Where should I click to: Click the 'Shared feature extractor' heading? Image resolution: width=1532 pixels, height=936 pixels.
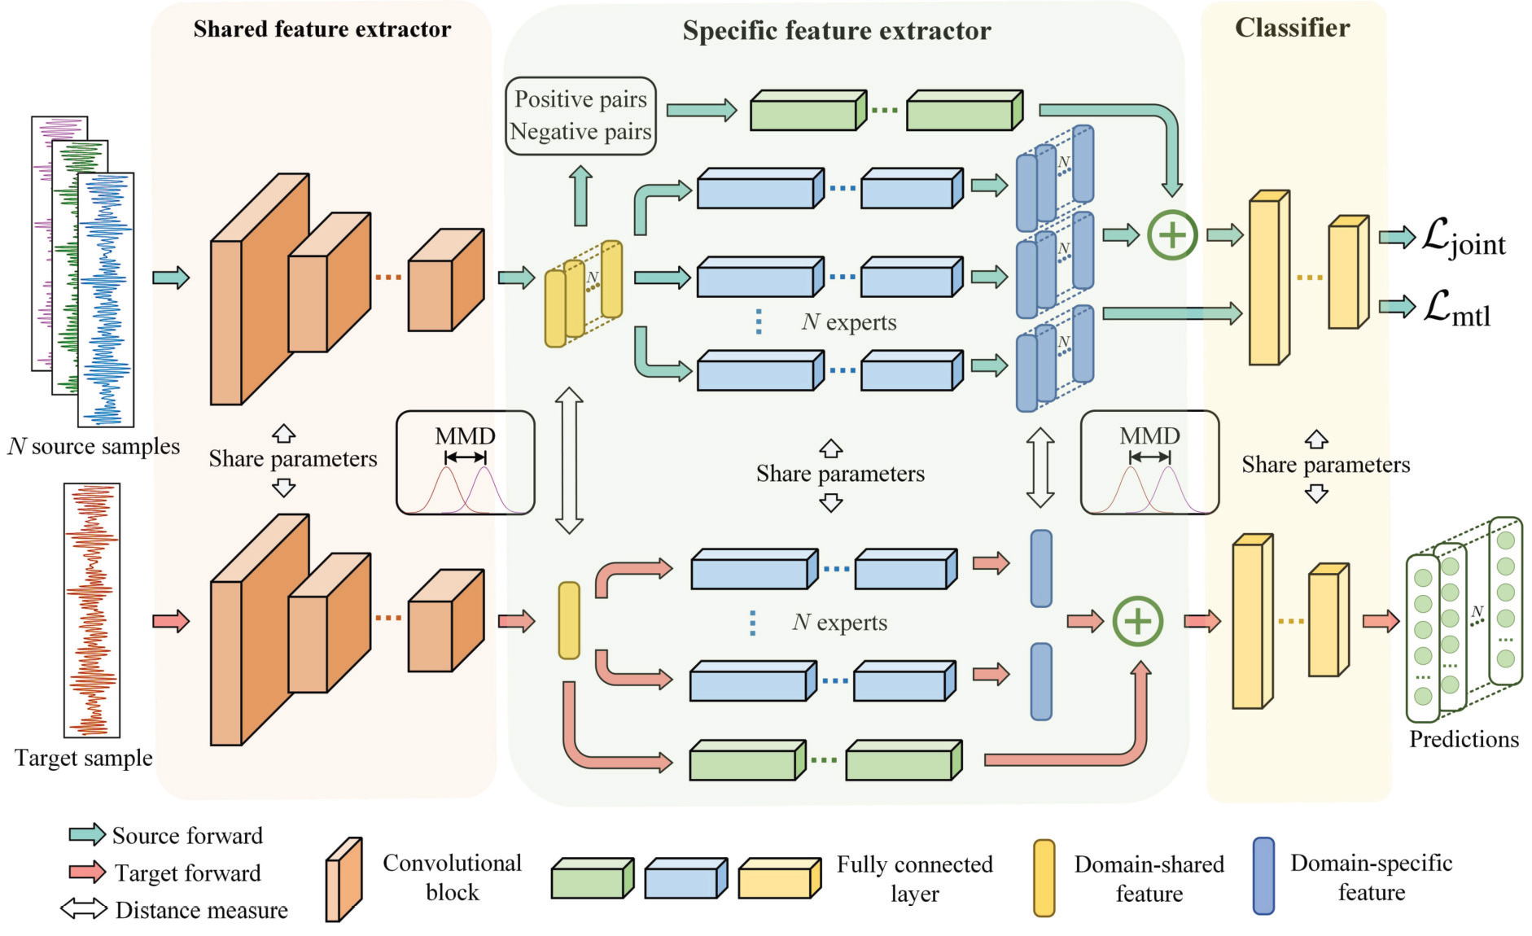point(322,29)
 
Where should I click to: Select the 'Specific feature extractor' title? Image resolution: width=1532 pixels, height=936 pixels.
point(837,31)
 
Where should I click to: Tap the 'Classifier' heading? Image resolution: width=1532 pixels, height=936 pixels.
point(1292,28)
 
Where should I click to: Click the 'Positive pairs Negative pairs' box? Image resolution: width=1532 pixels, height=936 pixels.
point(580,116)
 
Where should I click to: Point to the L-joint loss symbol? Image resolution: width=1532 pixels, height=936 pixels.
point(1464,238)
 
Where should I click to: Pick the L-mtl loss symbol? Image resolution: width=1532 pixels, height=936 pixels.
point(1457,309)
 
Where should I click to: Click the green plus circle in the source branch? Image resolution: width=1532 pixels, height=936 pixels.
point(1171,235)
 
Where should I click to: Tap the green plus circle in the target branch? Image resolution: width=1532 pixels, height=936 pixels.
point(1137,621)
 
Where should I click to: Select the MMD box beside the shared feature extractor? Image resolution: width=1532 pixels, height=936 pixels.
point(465,462)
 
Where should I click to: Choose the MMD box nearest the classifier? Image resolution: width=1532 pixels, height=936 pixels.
point(1149,462)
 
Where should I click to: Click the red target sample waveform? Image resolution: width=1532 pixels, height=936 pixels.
point(92,610)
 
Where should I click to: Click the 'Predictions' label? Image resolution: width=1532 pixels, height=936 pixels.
point(1464,739)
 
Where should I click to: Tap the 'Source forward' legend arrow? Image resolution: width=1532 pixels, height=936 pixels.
point(87,834)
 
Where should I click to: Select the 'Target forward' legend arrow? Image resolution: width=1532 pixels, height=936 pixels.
point(87,872)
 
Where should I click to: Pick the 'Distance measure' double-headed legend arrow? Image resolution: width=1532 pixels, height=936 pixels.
point(84,908)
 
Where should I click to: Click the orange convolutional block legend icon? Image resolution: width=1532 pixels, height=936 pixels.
point(344,880)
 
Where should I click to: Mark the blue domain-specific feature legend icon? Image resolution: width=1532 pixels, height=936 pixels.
point(1263,877)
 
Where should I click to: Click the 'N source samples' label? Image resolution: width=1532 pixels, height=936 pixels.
point(94,446)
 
